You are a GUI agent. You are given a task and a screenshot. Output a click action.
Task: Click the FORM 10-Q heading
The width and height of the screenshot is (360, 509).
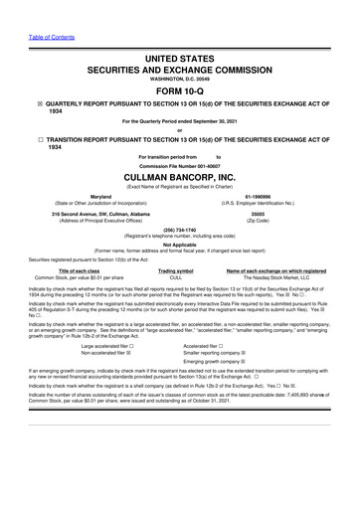[x=179, y=89]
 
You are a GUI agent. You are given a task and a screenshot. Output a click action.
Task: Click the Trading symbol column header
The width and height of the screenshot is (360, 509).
[x=175, y=270]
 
